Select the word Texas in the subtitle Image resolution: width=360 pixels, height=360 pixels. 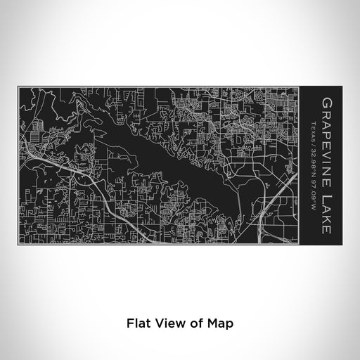[313, 129]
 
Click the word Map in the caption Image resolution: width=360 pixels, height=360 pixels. [214, 323]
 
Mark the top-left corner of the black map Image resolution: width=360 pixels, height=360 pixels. [18, 86]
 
